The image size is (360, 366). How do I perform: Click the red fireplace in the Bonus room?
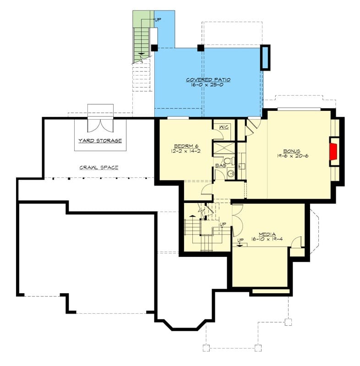click(334, 152)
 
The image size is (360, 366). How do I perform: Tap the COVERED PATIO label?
click(208, 80)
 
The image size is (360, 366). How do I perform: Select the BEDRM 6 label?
click(186, 146)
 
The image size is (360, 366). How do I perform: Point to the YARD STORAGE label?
click(100, 141)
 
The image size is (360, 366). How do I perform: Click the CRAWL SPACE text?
click(99, 167)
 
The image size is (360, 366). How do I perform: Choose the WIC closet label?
click(224, 127)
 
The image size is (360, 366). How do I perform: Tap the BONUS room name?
click(292, 151)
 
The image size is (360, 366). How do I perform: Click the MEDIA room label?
click(267, 234)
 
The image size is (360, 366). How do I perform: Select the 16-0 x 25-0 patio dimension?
click(207, 85)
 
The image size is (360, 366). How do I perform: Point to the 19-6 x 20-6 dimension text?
click(293, 156)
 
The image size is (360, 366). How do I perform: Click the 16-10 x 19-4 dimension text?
click(267, 239)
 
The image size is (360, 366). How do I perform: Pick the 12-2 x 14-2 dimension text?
click(186, 151)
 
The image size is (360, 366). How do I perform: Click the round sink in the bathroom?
click(231, 174)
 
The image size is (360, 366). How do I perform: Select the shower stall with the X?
click(224, 148)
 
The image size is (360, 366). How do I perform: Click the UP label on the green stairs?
click(158, 20)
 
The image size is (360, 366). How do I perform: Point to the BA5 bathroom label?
click(221, 166)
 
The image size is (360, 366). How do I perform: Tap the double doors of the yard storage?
click(100, 126)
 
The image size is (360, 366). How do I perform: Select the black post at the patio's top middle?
click(201, 48)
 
